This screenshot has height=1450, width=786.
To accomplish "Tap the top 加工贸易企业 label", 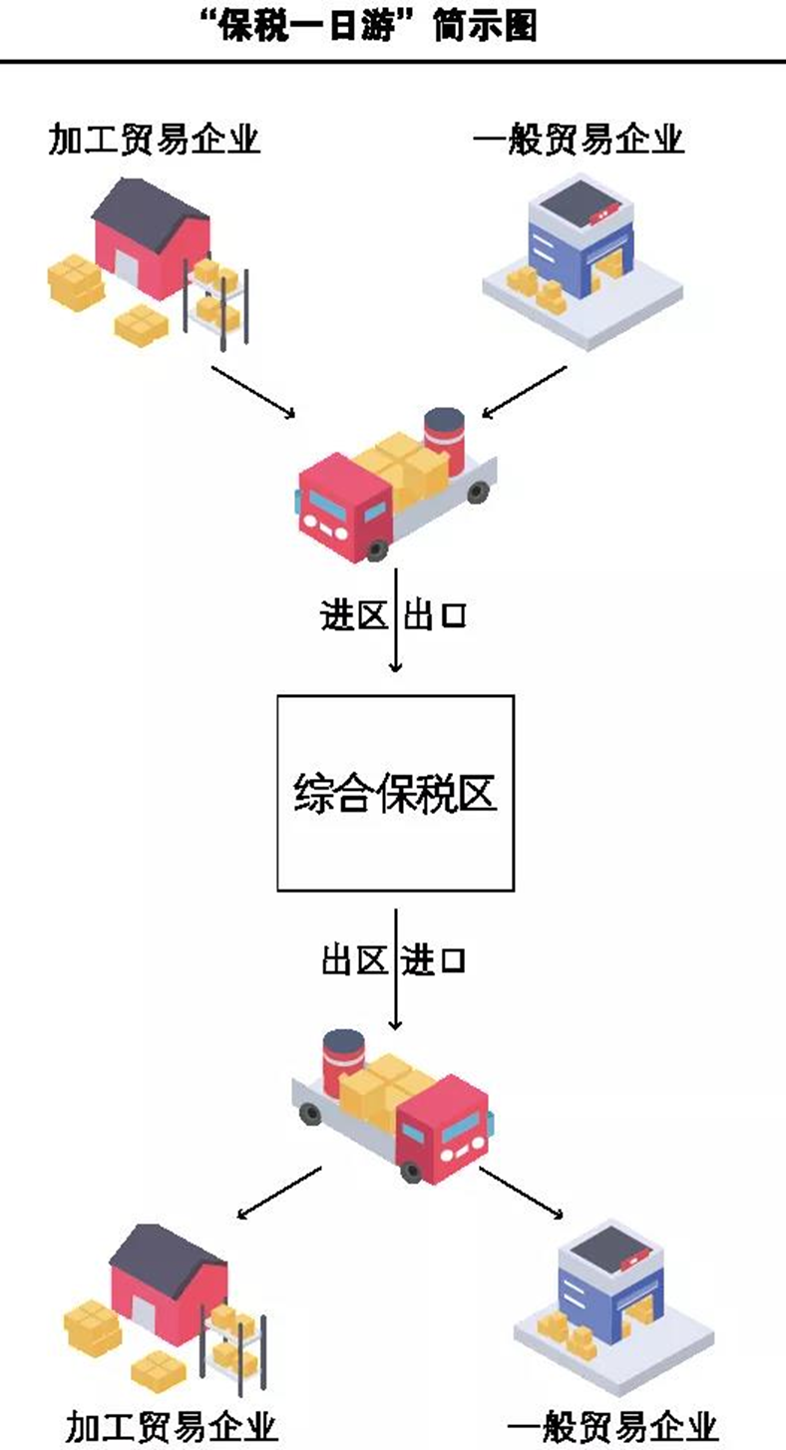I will (x=155, y=140).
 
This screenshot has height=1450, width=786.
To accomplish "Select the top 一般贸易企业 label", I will (x=579, y=140).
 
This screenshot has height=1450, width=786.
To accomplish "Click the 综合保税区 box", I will (x=395, y=793).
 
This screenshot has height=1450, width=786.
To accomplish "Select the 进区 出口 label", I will (x=393, y=616).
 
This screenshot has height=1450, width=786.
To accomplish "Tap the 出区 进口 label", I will (x=393, y=961).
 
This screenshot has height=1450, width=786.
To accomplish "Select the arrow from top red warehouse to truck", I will (x=253, y=391).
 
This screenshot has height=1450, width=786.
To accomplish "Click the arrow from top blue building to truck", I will (x=524, y=391).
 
